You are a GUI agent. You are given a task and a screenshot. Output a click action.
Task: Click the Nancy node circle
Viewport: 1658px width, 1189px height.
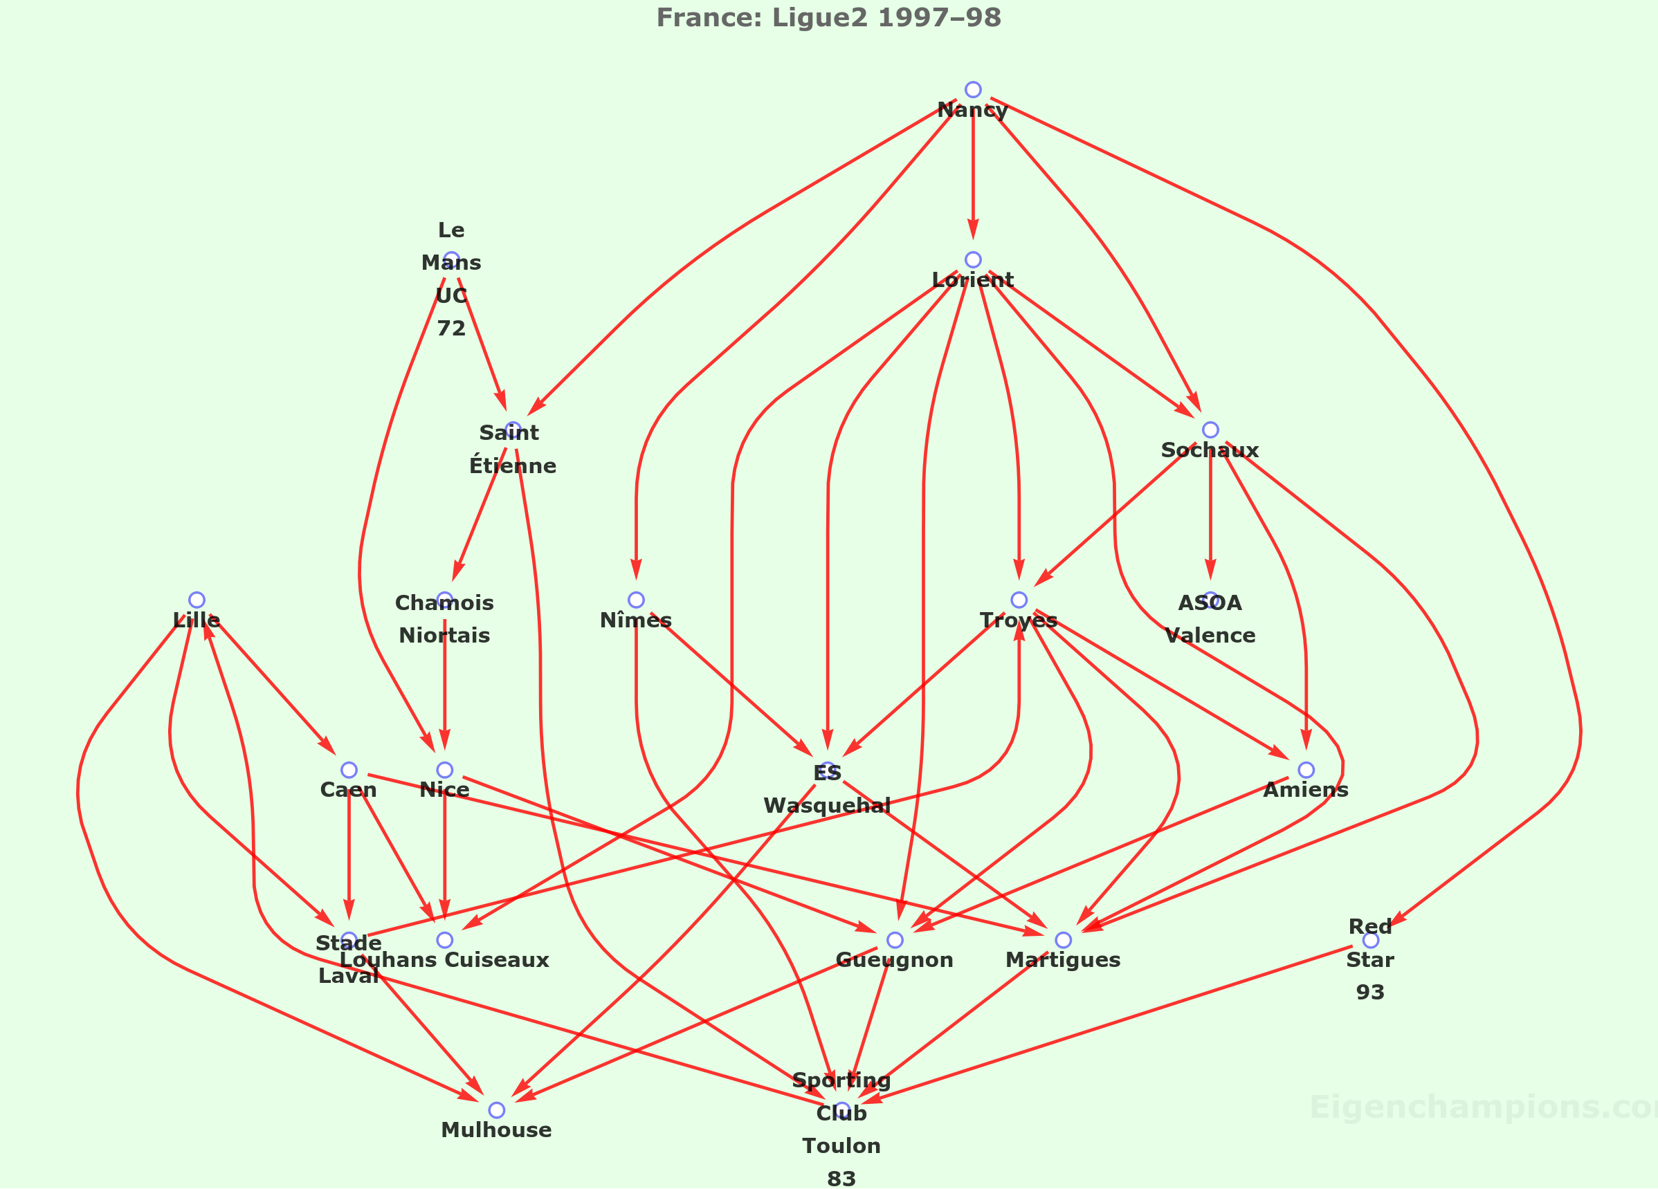tap(972, 90)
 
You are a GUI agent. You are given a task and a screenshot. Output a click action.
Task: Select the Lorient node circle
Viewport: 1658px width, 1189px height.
tap(972, 260)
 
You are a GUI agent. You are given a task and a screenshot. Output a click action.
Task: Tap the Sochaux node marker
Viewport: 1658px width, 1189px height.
tap(1210, 430)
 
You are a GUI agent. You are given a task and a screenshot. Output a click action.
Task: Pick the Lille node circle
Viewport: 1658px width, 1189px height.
tap(197, 600)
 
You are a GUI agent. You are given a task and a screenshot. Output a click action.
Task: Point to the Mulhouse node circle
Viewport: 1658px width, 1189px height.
tap(496, 1110)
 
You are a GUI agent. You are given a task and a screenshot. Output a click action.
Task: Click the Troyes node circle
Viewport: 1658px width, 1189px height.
tap(1019, 600)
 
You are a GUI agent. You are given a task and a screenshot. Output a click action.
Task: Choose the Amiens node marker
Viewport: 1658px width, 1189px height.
tap(1306, 770)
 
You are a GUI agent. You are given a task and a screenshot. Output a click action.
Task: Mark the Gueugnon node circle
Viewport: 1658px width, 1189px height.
tap(894, 940)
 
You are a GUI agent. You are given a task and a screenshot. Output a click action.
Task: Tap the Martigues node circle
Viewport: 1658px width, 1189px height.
tap(1063, 940)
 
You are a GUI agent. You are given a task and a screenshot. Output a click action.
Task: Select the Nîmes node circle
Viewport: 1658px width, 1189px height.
tap(636, 600)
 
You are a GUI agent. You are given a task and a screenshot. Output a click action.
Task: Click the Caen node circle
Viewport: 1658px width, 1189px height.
tap(349, 770)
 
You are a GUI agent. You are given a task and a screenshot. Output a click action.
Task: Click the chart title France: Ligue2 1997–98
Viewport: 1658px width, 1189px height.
tap(828, 17)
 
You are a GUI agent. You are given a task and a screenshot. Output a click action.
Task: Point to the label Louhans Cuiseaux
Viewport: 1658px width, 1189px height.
tap(444, 960)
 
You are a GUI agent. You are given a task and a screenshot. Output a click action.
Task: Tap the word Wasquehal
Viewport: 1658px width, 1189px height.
tap(827, 805)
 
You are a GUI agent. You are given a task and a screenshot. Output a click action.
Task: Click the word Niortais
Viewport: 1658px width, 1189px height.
tap(444, 636)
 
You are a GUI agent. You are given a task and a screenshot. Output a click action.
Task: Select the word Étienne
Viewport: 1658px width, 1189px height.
tap(513, 466)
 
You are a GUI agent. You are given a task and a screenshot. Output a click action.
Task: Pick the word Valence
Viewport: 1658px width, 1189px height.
tap(1210, 636)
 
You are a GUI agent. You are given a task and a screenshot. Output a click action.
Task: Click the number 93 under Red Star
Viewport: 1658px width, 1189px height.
tap(1370, 993)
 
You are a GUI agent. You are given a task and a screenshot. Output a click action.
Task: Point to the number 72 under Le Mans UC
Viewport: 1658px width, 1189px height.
tap(451, 329)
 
